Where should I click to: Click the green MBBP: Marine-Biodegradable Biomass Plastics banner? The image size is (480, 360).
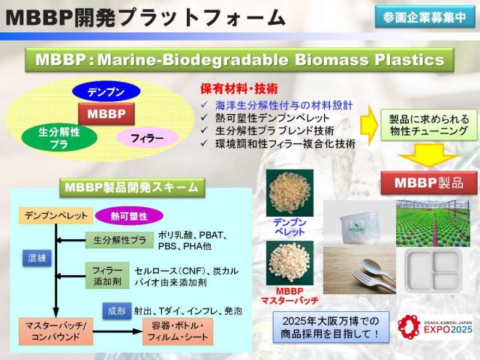(239, 59)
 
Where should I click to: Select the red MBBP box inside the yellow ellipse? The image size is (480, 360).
(106, 115)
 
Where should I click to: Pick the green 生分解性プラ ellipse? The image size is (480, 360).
(59, 137)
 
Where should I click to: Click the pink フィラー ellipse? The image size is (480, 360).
(147, 138)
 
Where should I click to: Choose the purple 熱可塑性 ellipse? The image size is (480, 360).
(129, 216)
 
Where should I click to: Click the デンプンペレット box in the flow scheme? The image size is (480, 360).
(53, 216)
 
